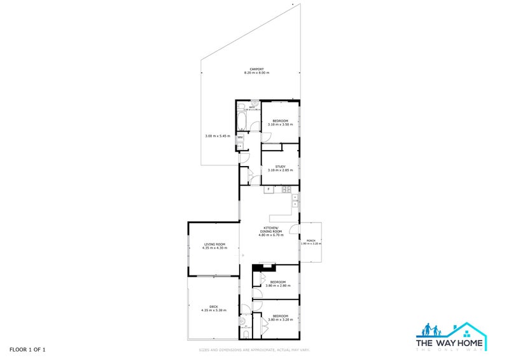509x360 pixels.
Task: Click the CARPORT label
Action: click(256, 69)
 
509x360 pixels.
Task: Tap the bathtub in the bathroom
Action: click(241, 121)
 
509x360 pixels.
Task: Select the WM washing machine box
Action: click(241, 137)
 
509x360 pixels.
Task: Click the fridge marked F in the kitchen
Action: click(269, 189)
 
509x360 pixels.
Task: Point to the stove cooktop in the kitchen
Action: click(287, 189)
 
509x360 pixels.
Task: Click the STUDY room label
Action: click(280, 167)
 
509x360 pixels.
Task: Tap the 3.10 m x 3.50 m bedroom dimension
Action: click(280, 125)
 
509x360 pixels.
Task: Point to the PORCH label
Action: click(311, 240)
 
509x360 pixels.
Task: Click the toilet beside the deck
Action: click(245, 335)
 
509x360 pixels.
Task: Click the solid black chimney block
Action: click(260, 268)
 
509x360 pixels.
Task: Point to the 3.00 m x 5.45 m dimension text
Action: click(217, 136)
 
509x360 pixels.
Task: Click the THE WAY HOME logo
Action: click(451, 336)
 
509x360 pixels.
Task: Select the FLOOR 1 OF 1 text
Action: click(27, 350)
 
